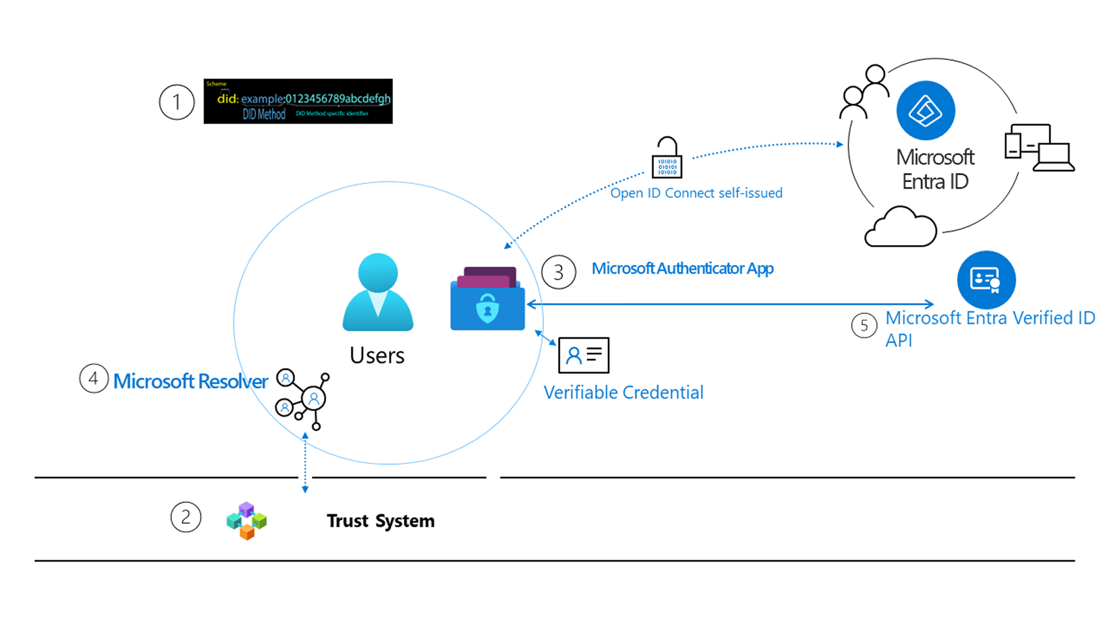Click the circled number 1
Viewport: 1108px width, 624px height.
(177, 102)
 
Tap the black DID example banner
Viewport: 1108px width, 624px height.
(298, 101)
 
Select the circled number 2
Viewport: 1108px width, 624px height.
(185, 518)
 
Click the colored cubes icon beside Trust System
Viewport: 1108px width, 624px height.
(246, 521)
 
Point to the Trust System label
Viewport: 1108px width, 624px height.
(380, 521)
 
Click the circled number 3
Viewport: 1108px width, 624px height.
(559, 272)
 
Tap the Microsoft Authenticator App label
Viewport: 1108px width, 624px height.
(682, 268)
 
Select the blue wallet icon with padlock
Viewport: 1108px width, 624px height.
(487, 299)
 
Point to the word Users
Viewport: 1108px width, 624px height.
(377, 355)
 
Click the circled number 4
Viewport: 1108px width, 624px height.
(94, 379)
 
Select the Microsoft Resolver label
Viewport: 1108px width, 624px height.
(191, 381)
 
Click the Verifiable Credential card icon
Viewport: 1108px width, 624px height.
(584, 355)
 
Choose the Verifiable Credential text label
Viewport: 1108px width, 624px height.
(623, 392)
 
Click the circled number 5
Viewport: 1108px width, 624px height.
(864, 326)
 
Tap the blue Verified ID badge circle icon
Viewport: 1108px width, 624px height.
(986, 280)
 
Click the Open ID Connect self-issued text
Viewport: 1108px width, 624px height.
(696, 193)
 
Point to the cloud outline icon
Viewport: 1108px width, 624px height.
(900, 227)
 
